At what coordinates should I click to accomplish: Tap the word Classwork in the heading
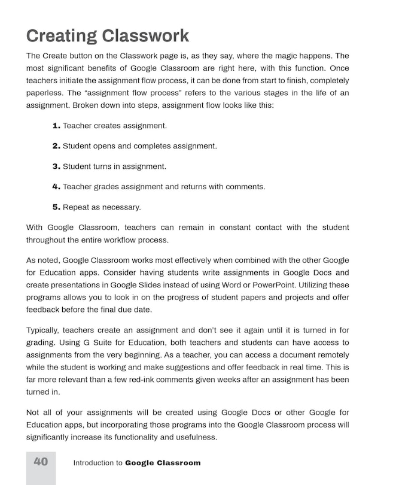tap(147, 36)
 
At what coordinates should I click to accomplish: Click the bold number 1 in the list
tap(56, 126)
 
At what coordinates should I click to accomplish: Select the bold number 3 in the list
tap(56, 166)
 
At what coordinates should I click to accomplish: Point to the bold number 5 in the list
tap(56, 207)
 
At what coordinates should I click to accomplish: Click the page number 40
tap(41, 462)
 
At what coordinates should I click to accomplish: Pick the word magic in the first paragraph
tap(267, 55)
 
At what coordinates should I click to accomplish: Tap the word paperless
tap(45, 93)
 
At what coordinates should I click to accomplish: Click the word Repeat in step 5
tap(76, 207)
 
